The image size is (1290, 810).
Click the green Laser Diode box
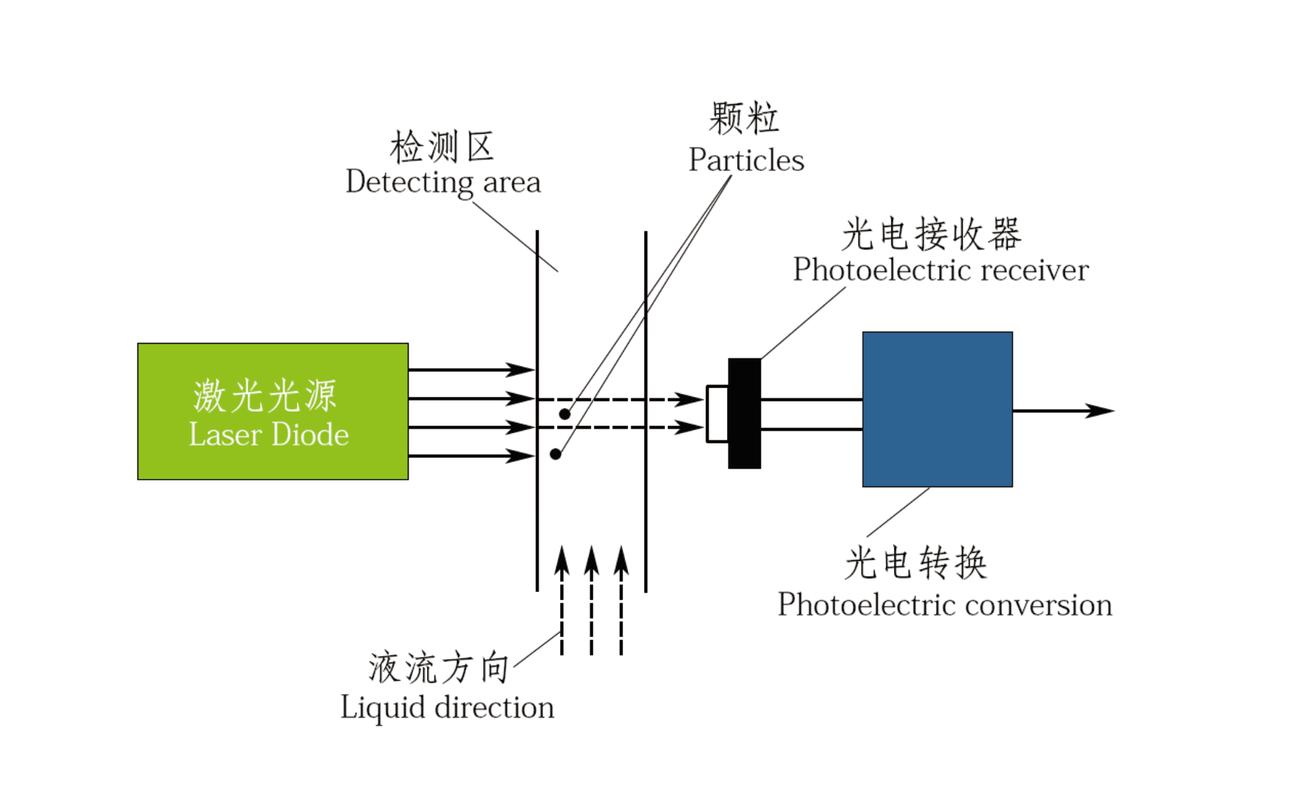[273, 411]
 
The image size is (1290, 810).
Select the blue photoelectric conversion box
[938, 409]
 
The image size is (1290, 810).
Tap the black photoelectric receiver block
[744, 413]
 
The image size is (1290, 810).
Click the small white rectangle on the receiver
[717, 414]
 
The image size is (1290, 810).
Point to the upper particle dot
[564, 414]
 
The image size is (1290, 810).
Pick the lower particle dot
[556, 454]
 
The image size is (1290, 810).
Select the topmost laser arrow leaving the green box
[471, 370]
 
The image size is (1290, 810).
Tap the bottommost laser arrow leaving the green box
[471, 456]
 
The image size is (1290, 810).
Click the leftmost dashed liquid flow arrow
[562, 600]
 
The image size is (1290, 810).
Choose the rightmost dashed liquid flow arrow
[621, 600]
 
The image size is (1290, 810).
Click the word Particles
[746, 160]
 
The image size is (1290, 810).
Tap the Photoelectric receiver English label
[941, 270]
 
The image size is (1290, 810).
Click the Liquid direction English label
[447, 707]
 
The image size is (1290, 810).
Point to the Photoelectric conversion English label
[945, 605]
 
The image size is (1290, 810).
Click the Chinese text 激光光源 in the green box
[265, 395]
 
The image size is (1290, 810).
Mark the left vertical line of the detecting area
[537, 411]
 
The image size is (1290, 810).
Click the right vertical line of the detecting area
[646, 411]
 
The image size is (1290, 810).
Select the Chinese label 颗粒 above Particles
[744, 118]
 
